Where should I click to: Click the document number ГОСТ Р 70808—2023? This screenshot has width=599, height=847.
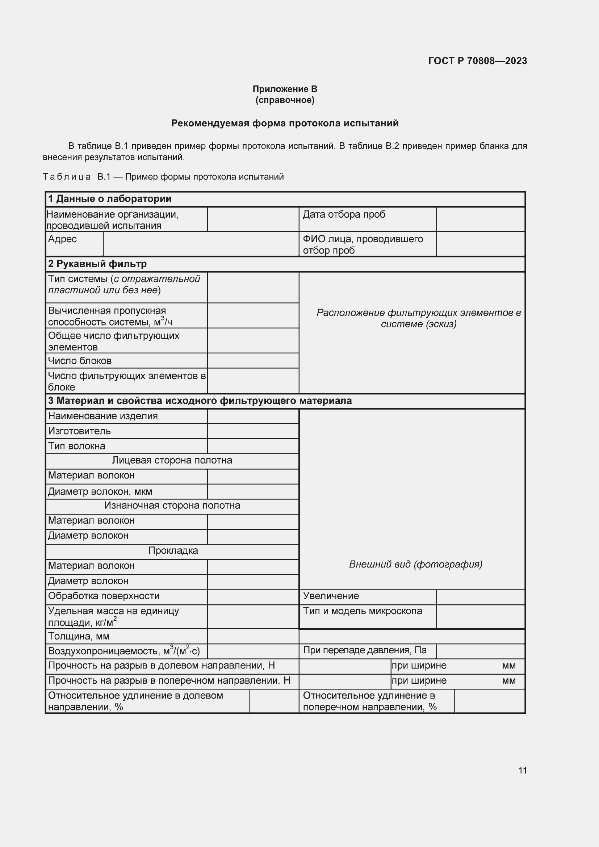tap(477, 61)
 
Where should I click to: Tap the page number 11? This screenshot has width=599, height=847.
tap(522, 770)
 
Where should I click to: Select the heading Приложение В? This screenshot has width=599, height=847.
tap(285, 89)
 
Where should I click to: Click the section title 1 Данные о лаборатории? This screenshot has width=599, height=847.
tap(110, 199)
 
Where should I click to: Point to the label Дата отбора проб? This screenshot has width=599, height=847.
tap(344, 214)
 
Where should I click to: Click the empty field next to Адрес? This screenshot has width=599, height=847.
tap(201, 244)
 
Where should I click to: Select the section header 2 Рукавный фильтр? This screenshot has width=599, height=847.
tap(97, 264)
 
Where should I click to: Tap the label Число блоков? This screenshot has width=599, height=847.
tap(80, 360)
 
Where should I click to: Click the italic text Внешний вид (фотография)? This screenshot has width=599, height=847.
tap(415, 564)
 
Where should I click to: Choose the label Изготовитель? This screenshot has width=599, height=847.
tap(79, 431)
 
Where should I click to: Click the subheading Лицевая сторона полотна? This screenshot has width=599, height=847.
tap(172, 460)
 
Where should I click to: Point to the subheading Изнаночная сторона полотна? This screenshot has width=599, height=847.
tap(172, 506)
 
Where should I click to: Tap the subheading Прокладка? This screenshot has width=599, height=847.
tap(173, 551)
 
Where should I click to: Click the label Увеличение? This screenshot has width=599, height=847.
tap(331, 596)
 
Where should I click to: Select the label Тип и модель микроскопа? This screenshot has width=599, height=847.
tap(362, 611)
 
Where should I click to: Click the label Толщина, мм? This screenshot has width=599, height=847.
tap(79, 636)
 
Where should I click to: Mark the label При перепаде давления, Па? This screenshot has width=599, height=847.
tap(364, 650)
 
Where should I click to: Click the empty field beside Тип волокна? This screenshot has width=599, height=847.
tap(253, 446)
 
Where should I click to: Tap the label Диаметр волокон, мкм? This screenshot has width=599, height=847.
tap(100, 492)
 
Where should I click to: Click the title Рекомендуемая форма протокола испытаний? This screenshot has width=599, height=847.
tap(285, 123)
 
